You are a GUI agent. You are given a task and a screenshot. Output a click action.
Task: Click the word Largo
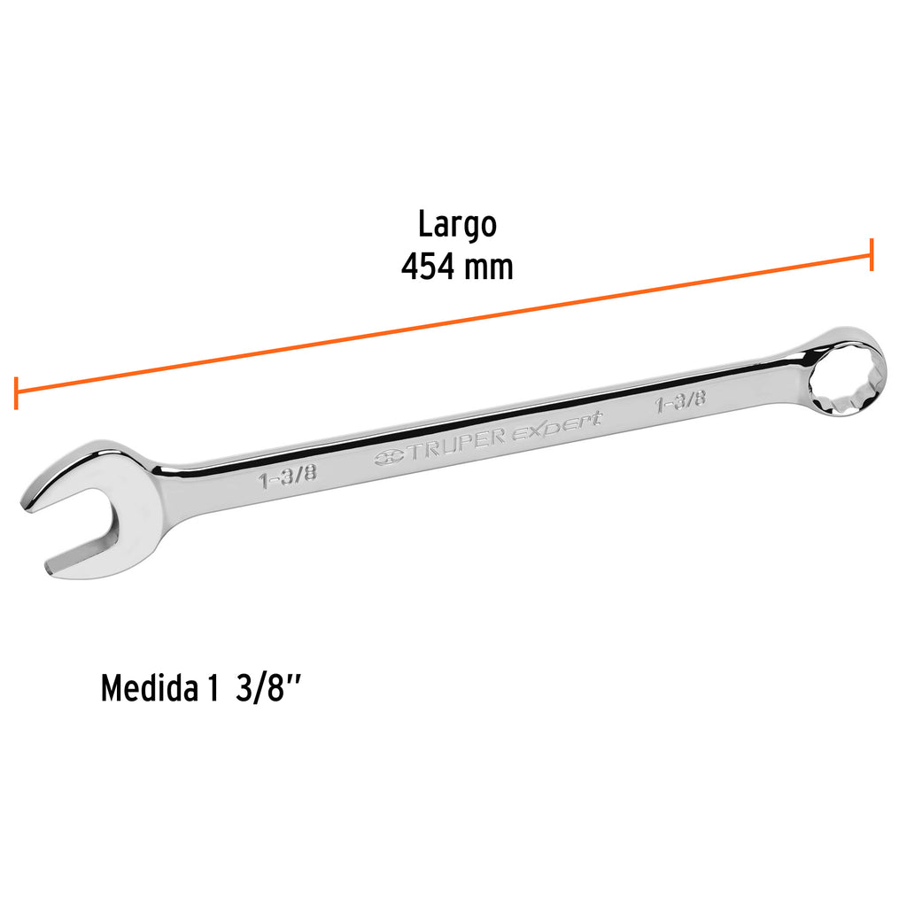pyautogui.click(x=457, y=225)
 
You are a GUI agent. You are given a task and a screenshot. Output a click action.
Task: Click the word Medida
pyautogui.click(x=147, y=688)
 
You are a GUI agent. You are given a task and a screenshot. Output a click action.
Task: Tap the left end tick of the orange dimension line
pyautogui.click(x=16, y=392)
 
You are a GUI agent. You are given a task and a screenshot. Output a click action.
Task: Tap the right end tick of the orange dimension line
pyautogui.click(x=872, y=254)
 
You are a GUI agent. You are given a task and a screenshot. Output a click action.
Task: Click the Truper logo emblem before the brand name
pyautogui.click(x=389, y=457)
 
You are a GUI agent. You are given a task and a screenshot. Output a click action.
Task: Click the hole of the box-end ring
pyautogui.click(x=842, y=380)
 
